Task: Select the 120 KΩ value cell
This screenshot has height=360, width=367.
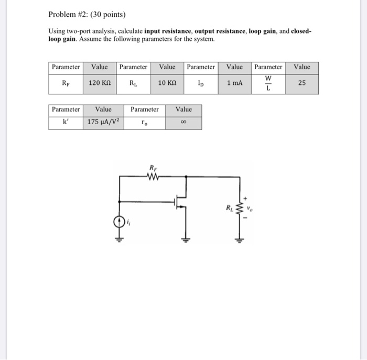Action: tap(99, 83)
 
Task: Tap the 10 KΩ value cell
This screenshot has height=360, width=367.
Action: tap(167, 83)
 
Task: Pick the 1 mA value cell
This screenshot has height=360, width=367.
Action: tap(234, 83)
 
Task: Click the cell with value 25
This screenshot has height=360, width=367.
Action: tap(301, 83)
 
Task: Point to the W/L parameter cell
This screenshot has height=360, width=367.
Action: tap(268, 83)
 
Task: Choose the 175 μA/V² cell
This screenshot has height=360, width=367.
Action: tap(103, 123)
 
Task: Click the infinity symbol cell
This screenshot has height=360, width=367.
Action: tap(183, 123)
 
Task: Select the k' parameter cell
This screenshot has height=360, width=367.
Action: tap(66, 123)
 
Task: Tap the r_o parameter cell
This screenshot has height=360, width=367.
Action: tap(144, 123)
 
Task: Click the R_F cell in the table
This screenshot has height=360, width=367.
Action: tap(66, 83)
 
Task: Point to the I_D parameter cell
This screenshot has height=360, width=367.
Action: tap(201, 83)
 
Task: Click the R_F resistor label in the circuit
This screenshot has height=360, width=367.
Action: tap(153, 167)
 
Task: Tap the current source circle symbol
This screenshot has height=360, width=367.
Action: tap(120, 223)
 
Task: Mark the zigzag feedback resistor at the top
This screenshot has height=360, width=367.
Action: tap(153, 177)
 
